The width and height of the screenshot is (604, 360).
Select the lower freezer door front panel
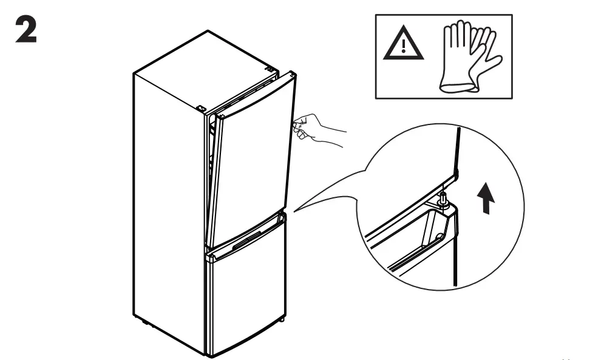246,297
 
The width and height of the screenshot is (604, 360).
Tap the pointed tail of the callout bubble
297,209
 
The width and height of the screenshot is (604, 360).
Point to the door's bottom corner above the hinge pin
452,180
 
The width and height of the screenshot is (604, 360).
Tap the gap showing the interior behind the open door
211,158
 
